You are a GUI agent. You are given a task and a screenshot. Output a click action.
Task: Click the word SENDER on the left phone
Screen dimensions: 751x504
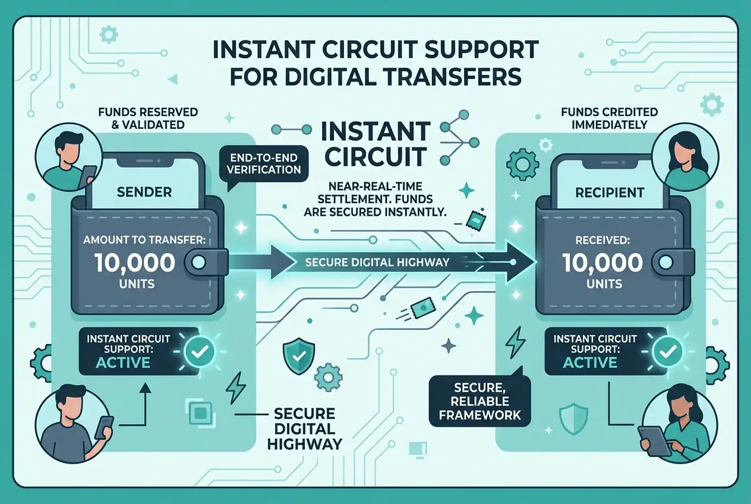144,192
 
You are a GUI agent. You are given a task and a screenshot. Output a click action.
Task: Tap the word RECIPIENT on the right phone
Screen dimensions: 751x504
610,193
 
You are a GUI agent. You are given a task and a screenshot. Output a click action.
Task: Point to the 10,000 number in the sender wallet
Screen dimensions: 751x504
134,262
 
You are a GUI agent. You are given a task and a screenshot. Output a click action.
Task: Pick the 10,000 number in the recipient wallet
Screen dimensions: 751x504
602,262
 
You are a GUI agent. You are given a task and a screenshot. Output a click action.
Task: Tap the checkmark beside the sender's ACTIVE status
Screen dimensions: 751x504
200,351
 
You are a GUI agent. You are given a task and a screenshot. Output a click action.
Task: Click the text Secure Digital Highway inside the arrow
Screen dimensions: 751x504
377,262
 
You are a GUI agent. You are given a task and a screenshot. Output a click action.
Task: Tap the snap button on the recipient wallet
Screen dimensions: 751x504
666,262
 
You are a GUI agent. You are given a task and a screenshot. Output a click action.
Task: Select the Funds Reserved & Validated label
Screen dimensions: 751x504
148,118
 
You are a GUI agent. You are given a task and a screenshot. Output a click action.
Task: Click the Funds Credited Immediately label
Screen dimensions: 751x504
610,118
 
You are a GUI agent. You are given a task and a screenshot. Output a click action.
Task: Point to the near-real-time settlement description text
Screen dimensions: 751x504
375,199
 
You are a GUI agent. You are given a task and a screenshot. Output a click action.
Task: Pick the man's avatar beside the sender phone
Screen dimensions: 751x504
69,157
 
